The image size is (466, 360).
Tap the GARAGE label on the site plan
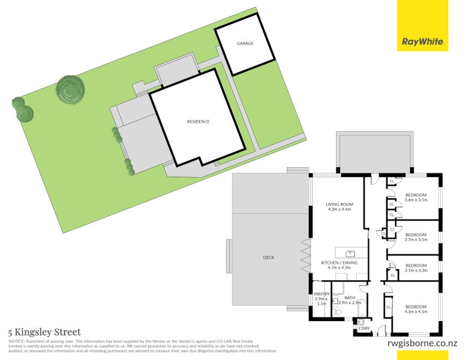click(244, 44)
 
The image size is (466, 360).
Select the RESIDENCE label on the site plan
click(198, 122)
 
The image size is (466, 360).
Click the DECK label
click(268, 257)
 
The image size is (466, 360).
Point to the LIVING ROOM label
click(339, 205)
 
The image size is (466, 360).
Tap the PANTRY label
click(322, 294)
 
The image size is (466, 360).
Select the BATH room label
click(350, 298)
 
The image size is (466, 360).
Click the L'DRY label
click(363, 328)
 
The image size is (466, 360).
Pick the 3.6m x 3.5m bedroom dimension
click(416, 200)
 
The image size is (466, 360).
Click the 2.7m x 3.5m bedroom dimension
click(416, 240)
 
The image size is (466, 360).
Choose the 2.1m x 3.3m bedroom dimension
click(416, 271)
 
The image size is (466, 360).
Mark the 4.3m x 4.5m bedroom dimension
click(416, 310)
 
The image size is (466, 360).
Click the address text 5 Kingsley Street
click(44, 331)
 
